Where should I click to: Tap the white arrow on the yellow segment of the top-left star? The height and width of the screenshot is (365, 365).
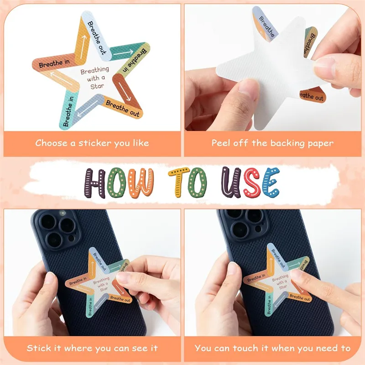[83, 47]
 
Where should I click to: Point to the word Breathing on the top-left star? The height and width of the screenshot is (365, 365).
[95, 70]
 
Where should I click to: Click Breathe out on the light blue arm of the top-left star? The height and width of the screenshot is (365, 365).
[97, 38]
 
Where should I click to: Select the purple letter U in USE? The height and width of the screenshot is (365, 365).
[231, 182]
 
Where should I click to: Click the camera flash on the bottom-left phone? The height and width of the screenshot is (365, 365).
[62, 213]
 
